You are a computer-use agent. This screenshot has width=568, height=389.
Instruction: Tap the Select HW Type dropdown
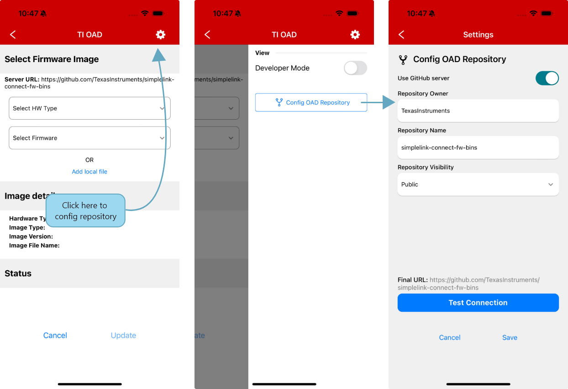(89, 108)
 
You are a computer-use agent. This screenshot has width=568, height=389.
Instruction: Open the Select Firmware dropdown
(89, 138)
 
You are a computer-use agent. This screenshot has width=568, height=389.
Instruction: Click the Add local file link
(89, 172)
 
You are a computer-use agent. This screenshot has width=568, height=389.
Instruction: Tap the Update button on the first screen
(123, 335)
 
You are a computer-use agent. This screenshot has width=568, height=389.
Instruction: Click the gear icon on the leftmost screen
(161, 35)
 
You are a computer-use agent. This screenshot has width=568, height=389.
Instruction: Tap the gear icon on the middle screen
(355, 35)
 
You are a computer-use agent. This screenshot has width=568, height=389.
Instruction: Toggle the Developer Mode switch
(355, 68)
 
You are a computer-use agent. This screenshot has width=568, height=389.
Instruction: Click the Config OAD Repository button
(311, 102)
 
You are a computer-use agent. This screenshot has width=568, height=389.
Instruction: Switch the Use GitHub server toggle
(547, 78)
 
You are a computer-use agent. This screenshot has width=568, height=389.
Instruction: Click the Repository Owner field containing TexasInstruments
(478, 111)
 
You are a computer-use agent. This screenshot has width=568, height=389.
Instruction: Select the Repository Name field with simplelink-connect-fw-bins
(478, 147)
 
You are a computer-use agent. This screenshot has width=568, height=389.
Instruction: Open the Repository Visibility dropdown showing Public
(478, 184)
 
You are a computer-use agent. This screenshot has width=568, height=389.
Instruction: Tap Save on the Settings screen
(510, 337)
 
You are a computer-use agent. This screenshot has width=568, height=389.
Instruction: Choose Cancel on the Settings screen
(450, 337)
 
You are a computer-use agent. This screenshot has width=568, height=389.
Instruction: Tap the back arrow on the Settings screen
(401, 35)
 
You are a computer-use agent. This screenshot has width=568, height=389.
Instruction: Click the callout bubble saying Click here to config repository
(85, 210)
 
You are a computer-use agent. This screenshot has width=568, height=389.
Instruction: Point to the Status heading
(18, 273)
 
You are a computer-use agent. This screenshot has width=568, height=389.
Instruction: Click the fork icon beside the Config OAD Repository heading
(403, 60)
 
